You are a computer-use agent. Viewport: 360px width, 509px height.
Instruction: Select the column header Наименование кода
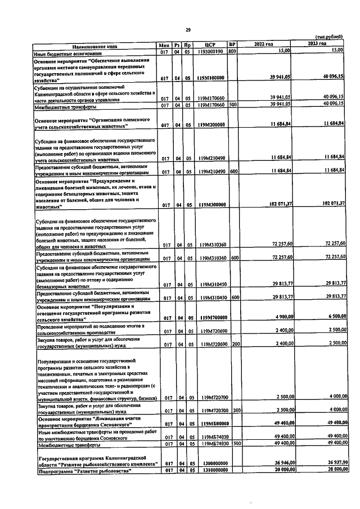91,44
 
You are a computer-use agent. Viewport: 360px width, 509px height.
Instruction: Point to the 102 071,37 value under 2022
276,205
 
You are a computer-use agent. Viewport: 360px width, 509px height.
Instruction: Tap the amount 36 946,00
278,462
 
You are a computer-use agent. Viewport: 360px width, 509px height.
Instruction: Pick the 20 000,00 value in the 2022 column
278,470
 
